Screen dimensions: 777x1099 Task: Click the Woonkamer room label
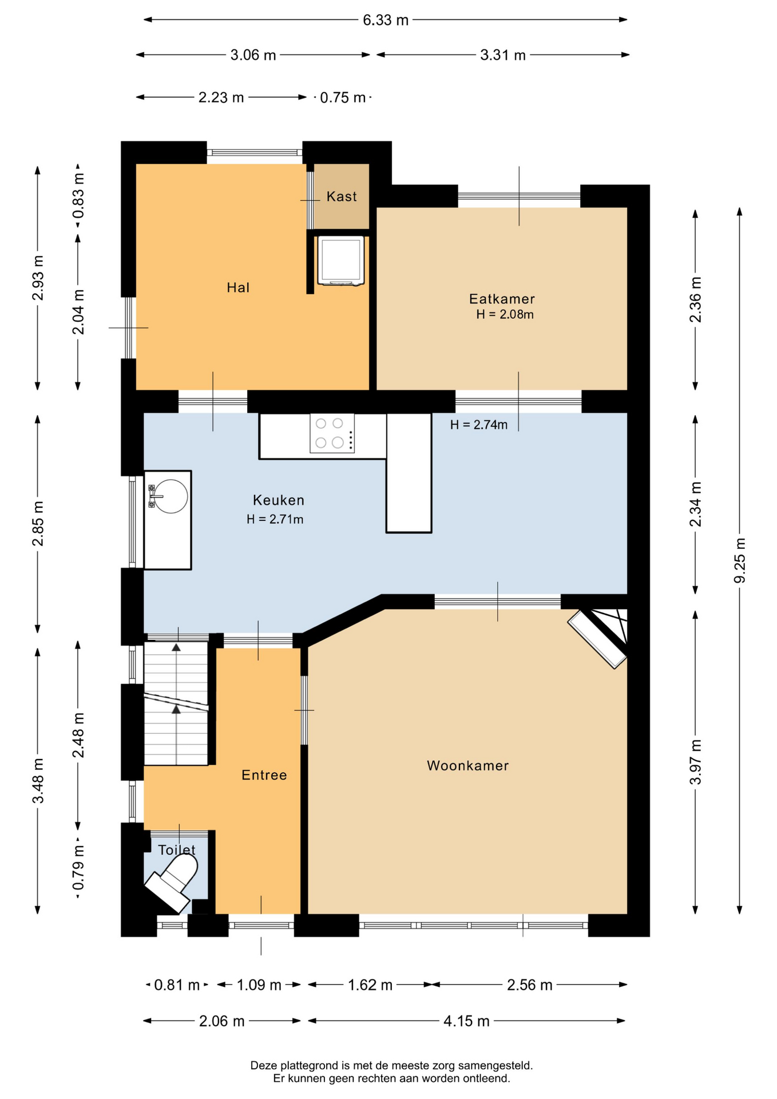point(467,765)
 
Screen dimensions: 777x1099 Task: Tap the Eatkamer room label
point(502,298)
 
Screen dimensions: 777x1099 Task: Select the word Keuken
point(279,500)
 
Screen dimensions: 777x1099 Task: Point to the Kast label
point(342,196)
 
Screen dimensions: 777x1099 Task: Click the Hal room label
point(238,287)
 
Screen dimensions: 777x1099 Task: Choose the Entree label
point(264,775)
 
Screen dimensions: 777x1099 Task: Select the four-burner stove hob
point(332,433)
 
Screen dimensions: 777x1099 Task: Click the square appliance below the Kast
point(341,260)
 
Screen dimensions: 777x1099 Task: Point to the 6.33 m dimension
point(386,20)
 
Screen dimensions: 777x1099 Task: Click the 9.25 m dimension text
point(740,560)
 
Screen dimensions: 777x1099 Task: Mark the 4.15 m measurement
point(466,1021)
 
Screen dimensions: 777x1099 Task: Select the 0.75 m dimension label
point(343,98)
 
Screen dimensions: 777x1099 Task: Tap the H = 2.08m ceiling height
point(505,314)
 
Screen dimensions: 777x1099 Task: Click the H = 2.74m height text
point(478,425)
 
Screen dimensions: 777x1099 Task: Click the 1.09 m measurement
point(259,985)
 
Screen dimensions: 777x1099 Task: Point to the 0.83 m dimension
point(78,196)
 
